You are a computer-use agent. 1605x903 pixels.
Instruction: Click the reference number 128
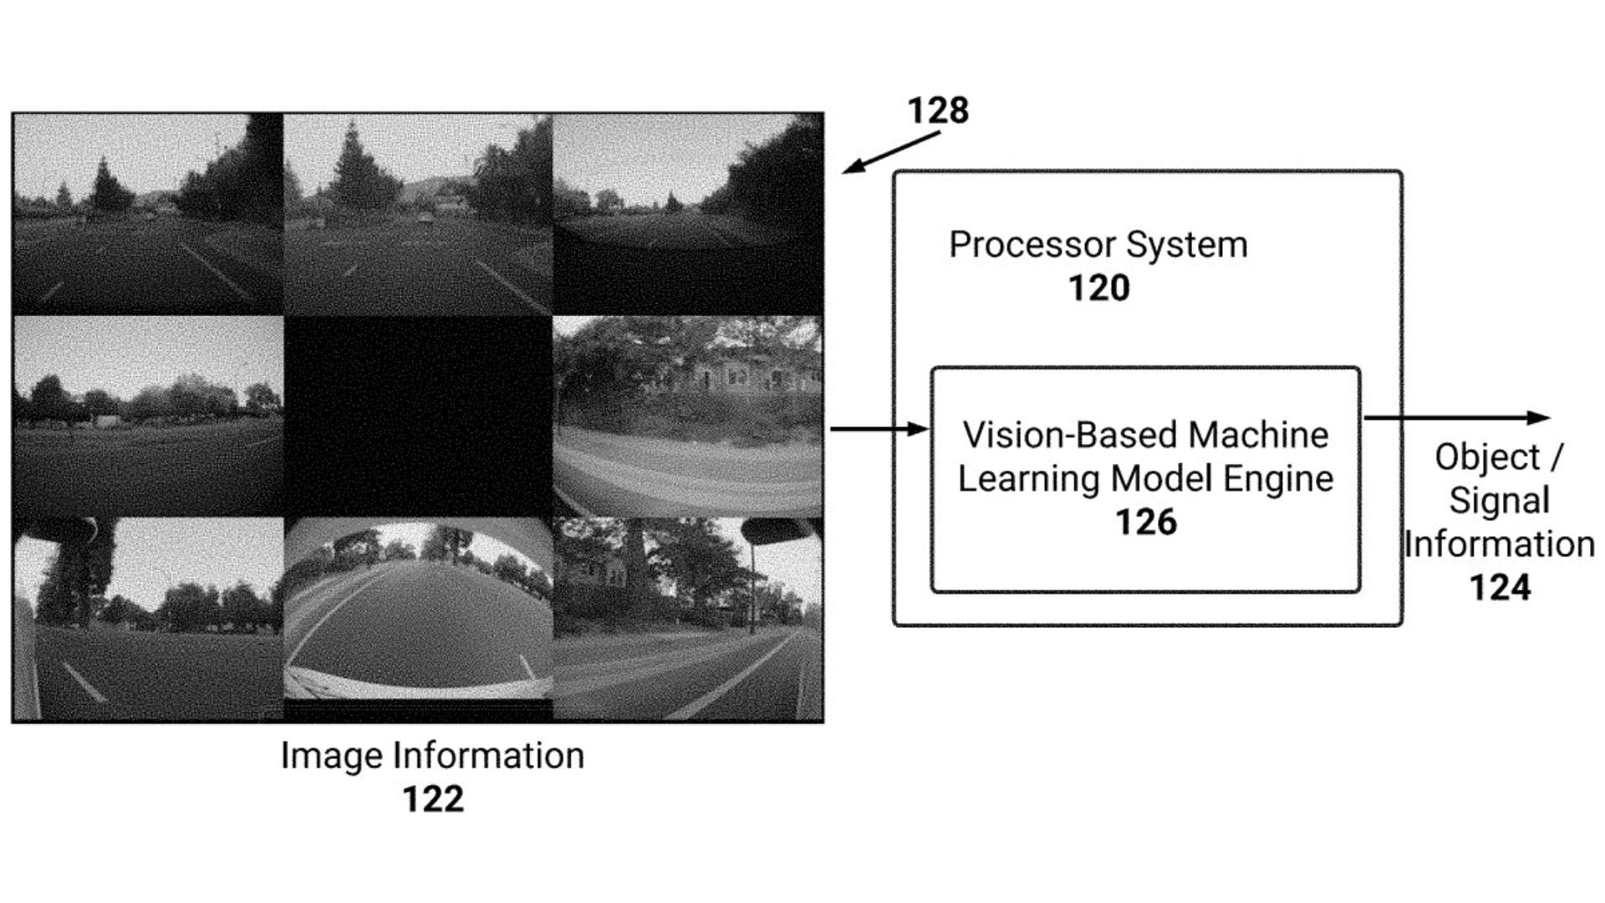(938, 110)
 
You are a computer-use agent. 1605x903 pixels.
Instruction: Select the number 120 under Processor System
(1098, 288)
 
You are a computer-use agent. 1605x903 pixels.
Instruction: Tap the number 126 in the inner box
(1145, 522)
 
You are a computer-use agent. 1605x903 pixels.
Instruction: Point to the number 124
(1500, 587)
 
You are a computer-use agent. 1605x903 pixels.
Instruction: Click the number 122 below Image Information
(432, 798)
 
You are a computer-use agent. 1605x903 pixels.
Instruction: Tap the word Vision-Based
(1070, 435)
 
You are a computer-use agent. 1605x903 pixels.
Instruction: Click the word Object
(1487, 457)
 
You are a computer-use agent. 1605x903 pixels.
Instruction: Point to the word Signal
(1499, 500)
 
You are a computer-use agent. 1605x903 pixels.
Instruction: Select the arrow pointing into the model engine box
(878, 429)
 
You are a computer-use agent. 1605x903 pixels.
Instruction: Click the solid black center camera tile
(418, 416)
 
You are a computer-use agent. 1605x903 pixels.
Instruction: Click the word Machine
(1258, 435)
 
